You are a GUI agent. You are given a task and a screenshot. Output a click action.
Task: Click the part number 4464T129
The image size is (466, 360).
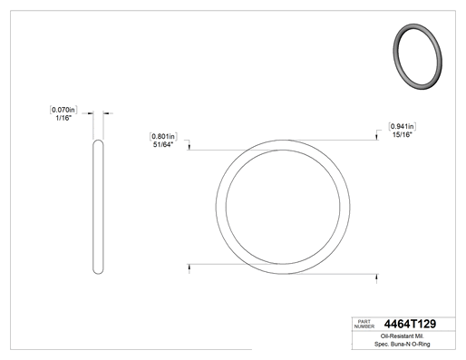pyautogui.click(x=410, y=324)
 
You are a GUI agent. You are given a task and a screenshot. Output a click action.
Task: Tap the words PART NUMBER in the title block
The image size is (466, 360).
pyautogui.click(x=364, y=324)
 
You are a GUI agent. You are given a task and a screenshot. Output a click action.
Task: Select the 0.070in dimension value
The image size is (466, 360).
pyautogui.click(x=63, y=110)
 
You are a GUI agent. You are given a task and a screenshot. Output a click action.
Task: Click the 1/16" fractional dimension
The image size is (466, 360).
pyautogui.click(x=63, y=118)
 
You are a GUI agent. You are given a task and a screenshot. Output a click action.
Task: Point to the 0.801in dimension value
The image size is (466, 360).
pyautogui.click(x=163, y=136)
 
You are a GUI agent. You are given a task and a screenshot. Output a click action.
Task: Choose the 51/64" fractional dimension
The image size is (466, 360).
pyautogui.click(x=163, y=145)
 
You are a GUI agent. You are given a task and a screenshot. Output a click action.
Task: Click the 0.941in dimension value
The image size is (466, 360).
pyautogui.click(x=403, y=126)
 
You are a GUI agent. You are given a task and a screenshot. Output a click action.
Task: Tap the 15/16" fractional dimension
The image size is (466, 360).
pyautogui.click(x=403, y=134)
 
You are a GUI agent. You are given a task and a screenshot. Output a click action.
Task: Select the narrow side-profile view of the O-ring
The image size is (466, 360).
pyautogui.click(x=98, y=207)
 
